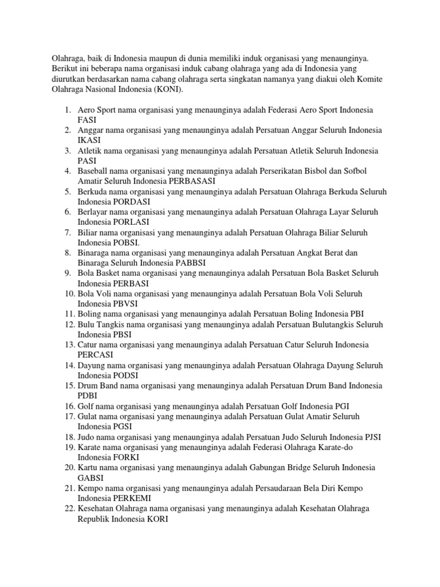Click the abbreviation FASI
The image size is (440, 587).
point(87,120)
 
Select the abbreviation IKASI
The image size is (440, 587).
point(89,140)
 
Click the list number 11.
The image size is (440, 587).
point(69,314)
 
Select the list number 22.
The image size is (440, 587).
point(69,508)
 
